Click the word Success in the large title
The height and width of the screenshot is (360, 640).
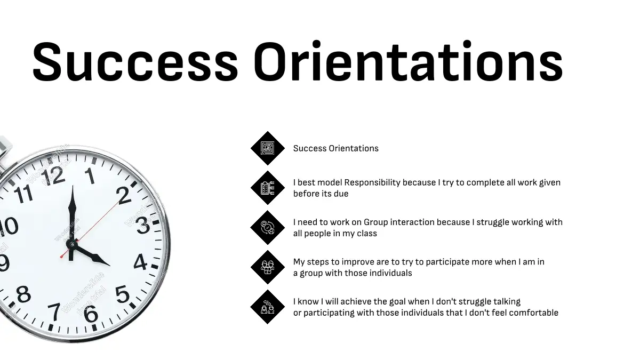point(135,62)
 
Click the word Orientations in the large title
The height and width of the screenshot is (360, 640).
point(409,61)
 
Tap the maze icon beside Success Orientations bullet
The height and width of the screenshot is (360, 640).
point(267,148)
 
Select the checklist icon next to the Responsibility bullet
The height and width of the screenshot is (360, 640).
point(267,188)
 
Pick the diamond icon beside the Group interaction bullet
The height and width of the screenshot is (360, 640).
point(267,227)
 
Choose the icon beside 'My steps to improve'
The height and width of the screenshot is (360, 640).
point(267,267)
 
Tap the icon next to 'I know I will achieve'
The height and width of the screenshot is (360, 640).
point(267,307)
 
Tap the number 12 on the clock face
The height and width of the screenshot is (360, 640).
point(53,175)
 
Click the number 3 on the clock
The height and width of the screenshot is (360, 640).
point(143,226)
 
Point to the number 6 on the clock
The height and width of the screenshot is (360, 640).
point(91,314)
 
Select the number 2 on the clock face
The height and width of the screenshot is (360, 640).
point(124,196)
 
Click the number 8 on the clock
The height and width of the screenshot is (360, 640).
point(23,294)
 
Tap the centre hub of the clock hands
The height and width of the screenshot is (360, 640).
point(71,244)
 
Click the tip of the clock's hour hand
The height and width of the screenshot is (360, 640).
point(110,266)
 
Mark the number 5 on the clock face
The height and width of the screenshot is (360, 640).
point(123,294)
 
